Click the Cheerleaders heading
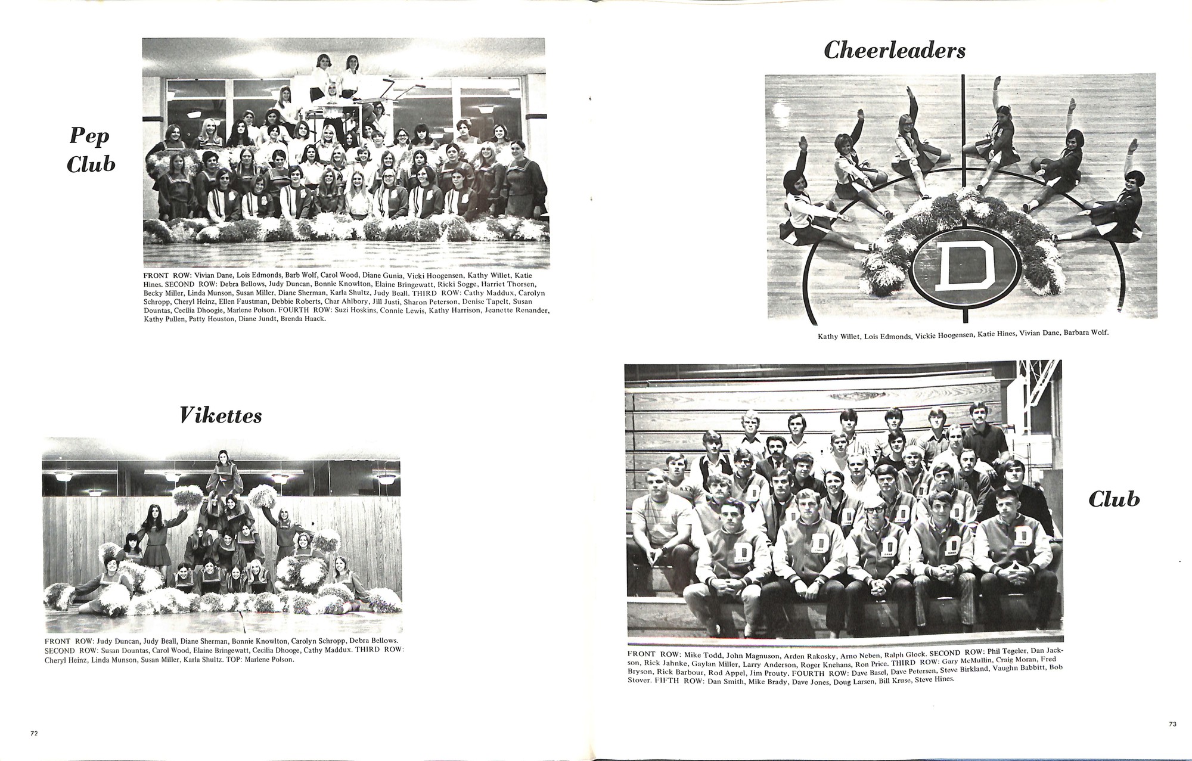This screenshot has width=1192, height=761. pyautogui.click(x=895, y=51)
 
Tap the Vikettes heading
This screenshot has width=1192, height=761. pyautogui.click(x=221, y=415)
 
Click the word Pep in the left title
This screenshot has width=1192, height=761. pyautogui.click(x=89, y=136)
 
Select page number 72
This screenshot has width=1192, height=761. pyautogui.click(x=33, y=734)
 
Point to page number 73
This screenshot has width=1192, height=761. pyautogui.click(x=1172, y=724)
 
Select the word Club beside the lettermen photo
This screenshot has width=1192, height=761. pyautogui.click(x=1114, y=499)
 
